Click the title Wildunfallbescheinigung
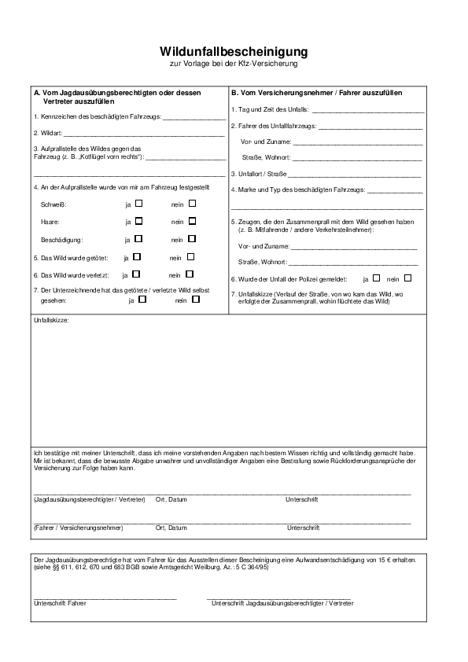(234, 51)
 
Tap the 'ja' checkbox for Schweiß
(138, 203)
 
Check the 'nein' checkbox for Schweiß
(191, 203)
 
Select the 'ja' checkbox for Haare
(138, 221)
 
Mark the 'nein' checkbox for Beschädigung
(191, 239)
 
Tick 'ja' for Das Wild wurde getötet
(137, 257)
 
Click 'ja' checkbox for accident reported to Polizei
(376, 278)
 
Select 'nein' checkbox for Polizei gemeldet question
(407, 278)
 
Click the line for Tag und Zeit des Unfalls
(368, 111)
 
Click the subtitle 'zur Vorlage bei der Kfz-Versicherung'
(234, 63)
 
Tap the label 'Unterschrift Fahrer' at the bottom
(61, 603)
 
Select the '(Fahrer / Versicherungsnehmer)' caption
(79, 528)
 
